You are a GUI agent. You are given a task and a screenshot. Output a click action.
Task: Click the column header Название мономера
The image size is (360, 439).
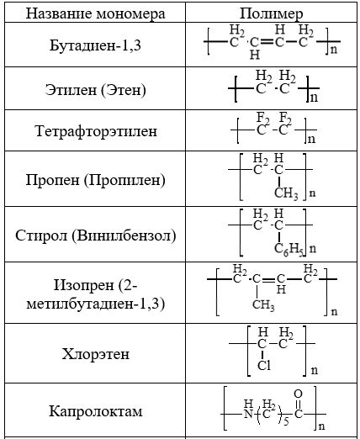tap(95, 13)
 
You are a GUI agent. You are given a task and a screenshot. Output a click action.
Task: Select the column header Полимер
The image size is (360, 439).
tap(271, 13)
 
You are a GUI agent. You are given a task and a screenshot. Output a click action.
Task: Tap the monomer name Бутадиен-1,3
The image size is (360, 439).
tap(95, 45)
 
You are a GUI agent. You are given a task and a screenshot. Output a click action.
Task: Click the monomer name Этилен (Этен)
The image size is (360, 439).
tap(95, 90)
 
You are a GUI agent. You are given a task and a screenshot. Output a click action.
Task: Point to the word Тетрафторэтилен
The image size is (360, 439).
tap(96, 131)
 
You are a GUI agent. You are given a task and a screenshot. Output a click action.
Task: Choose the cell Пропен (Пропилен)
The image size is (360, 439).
tap(95, 180)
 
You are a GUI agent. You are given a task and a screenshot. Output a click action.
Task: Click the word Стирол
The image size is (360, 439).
tap(41, 235)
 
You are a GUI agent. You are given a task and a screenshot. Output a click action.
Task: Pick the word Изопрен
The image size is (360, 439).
tap(83, 285)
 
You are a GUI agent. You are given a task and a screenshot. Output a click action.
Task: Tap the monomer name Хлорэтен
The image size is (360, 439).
tap(96, 354)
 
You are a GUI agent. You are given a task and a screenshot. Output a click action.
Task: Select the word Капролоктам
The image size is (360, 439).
tap(96, 411)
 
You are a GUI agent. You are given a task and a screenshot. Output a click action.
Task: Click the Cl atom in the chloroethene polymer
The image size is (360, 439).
tap(264, 366)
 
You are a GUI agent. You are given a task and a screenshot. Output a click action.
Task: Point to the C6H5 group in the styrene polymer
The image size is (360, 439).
tap(289, 249)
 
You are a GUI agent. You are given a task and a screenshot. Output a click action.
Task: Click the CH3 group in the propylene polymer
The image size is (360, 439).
tap(286, 193)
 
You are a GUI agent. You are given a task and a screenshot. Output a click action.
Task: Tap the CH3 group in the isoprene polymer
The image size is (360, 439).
tap(263, 304)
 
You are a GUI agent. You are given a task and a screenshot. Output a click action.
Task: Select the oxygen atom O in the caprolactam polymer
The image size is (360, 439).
tap(298, 394)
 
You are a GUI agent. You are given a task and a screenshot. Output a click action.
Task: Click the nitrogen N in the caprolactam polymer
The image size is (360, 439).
tap(248, 414)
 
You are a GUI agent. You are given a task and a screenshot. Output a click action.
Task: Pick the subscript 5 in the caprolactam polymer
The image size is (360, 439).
tap(286, 420)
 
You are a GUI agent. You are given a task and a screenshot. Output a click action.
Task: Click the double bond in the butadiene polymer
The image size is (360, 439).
tap(267, 42)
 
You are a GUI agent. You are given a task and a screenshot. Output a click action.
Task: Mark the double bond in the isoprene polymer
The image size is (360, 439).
tap(268, 279)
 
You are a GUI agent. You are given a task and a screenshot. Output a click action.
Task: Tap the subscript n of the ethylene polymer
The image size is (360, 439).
tap(315, 98)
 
